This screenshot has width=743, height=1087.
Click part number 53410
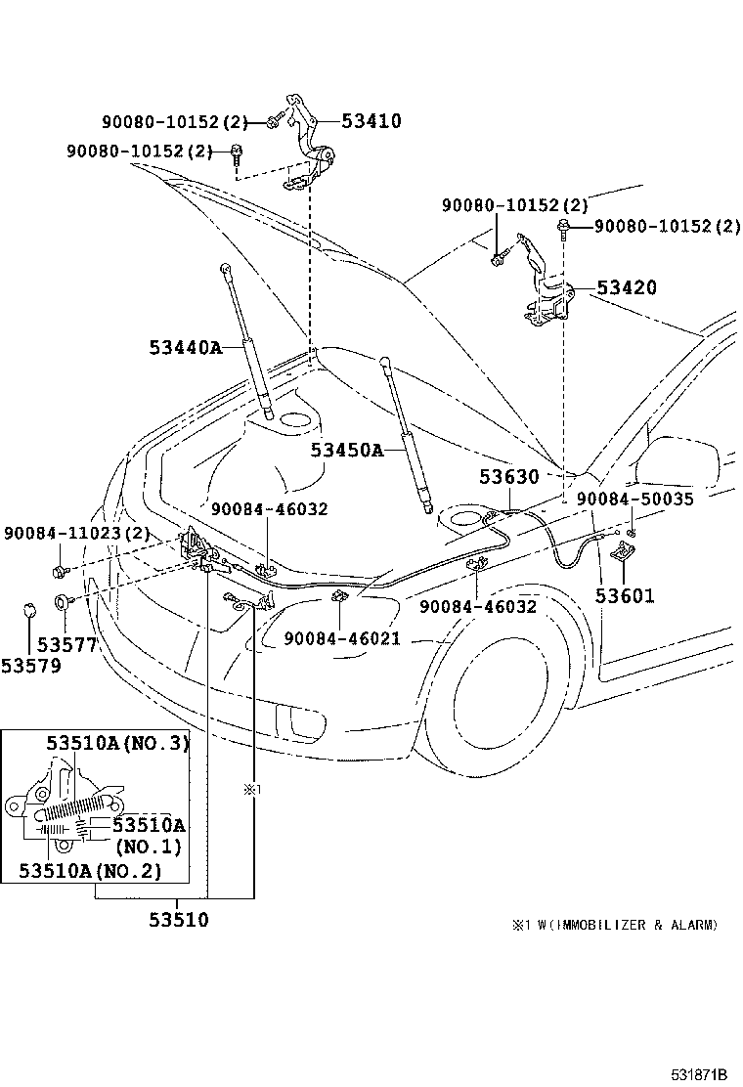[x=371, y=121]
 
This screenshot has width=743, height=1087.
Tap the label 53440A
[x=186, y=347]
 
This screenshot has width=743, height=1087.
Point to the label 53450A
[x=347, y=450]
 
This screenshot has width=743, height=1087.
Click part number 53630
[x=508, y=477]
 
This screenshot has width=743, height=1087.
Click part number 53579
[x=31, y=667]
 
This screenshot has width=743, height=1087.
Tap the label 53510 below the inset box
[x=179, y=920]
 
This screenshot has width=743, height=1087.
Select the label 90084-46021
[x=342, y=638]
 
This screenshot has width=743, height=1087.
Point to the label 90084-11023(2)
[x=77, y=534]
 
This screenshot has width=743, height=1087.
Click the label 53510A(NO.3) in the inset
[x=118, y=743]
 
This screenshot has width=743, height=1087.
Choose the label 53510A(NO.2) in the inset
[x=90, y=870]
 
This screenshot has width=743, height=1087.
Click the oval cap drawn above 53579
[x=29, y=612]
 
